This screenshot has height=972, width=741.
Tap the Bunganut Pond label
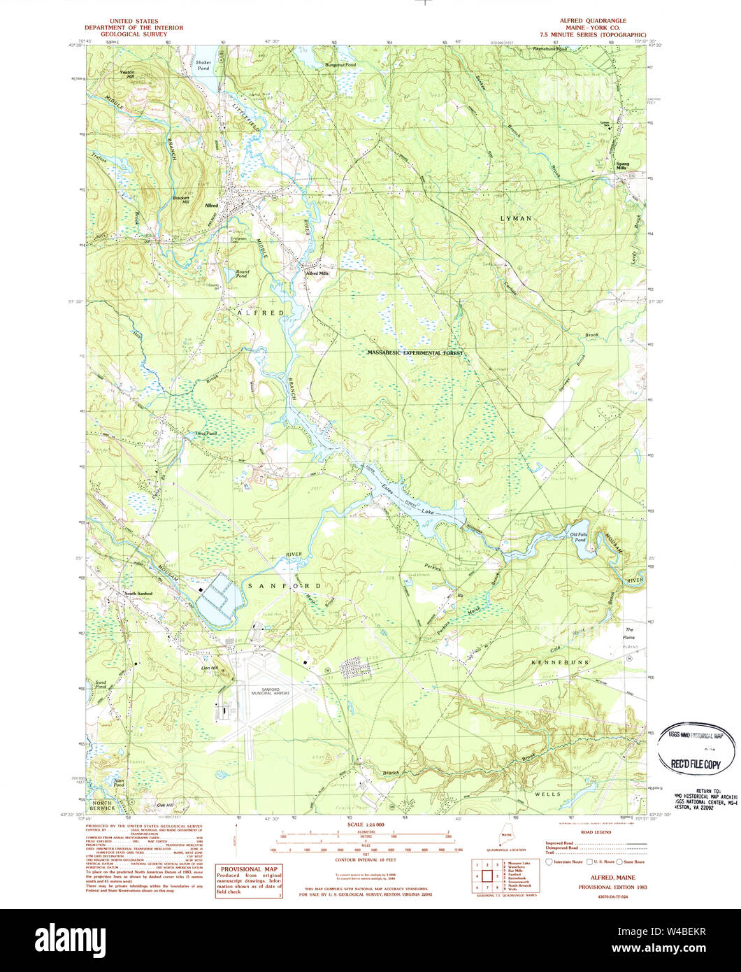[x=340, y=65]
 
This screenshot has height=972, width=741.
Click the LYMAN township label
[x=516, y=219]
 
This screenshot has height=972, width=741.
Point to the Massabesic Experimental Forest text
[x=415, y=354]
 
